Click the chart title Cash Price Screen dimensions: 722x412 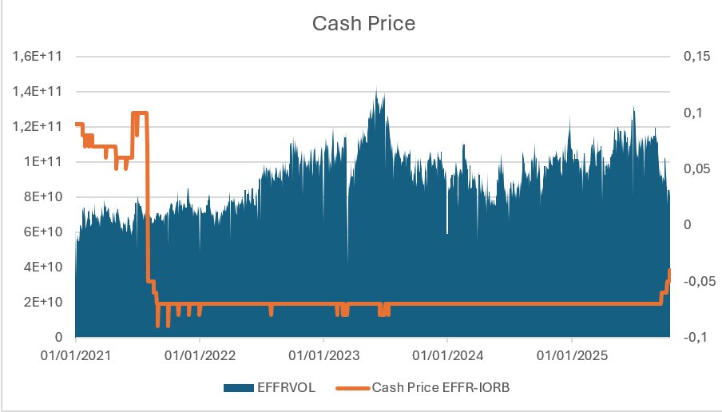point(363,23)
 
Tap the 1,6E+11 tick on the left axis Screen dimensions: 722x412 point(38,56)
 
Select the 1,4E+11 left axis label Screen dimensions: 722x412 point(38,91)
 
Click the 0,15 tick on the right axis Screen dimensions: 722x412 point(697,56)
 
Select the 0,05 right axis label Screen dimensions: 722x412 point(697,168)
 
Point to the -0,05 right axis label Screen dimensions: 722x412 point(700,281)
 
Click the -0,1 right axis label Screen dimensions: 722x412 point(696,337)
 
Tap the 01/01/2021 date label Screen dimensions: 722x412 point(76,355)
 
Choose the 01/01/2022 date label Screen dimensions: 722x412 point(200,355)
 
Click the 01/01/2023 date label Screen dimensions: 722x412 point(323,355)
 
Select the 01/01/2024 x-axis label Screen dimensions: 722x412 point(447,355)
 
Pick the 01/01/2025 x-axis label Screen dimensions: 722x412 point(572,355)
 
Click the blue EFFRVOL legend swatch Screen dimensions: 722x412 point(239,387)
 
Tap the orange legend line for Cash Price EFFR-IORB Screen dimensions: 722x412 point(353,388)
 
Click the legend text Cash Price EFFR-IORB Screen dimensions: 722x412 point(441,387)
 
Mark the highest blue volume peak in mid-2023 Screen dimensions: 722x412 point(377,89)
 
